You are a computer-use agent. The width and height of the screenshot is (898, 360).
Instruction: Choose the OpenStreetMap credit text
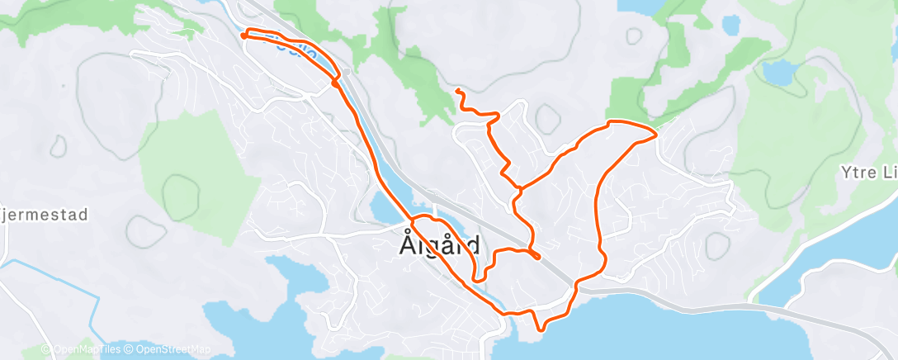171,349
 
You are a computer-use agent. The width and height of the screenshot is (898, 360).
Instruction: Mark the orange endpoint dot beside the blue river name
243,35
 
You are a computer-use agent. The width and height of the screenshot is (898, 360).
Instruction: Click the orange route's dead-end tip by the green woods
456,88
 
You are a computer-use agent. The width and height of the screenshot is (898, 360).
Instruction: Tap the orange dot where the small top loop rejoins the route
335,82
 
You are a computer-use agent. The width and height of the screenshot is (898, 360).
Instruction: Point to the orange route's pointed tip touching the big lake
540,330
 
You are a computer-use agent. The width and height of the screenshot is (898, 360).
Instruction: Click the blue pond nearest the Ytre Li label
778,73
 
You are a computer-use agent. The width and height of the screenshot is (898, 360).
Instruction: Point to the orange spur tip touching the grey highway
537,257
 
